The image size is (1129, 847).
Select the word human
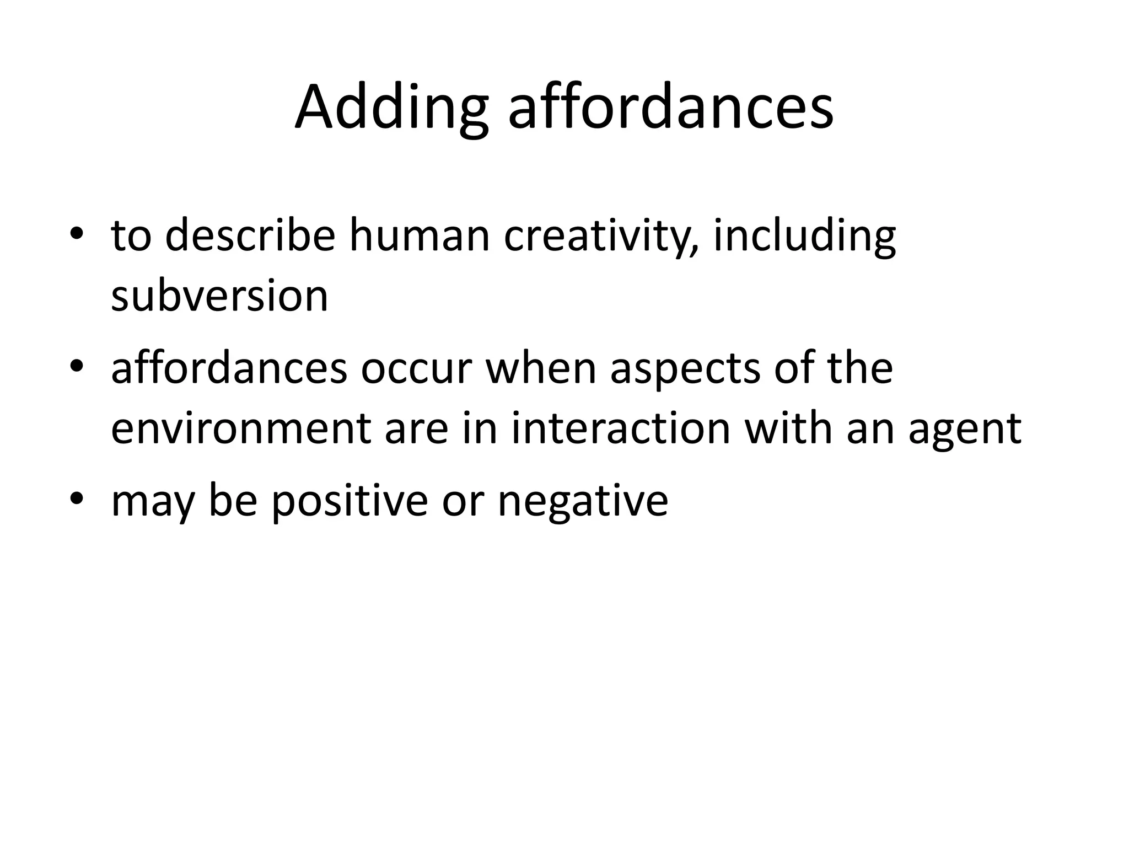tap(420, 235)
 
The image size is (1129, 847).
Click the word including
tap(804, 237)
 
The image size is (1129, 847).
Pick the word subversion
tap(219, 296)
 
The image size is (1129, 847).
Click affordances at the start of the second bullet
tap(229, 368)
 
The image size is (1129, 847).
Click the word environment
tap(240, 428)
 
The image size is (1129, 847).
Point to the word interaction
tap(620, 428)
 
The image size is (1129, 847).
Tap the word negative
tap(583, 501)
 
